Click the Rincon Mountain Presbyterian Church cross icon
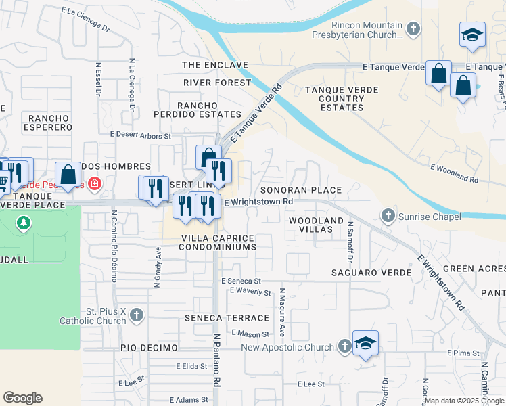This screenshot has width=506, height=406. coord(414,28)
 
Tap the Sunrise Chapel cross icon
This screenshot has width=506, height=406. coord(388,216)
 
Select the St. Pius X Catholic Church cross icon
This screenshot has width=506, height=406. coord(137,315)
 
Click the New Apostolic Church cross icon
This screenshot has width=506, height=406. coord(344,347)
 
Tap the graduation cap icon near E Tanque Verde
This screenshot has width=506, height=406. coord(472,35)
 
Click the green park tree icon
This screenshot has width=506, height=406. coord(24,223)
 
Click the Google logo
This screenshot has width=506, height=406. coord(22,398)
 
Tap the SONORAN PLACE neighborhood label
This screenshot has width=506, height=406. coord(301,191)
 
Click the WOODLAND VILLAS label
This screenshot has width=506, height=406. coord(316,225)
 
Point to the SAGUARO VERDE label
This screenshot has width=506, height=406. coord(371,272)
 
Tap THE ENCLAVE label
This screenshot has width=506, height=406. coord(215,65)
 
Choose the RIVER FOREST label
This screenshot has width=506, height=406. coord(216,83)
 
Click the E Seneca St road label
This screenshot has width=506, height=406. coord(240,281)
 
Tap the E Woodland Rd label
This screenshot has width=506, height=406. coord(454,175)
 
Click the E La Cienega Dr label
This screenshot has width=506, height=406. coord(85,20)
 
